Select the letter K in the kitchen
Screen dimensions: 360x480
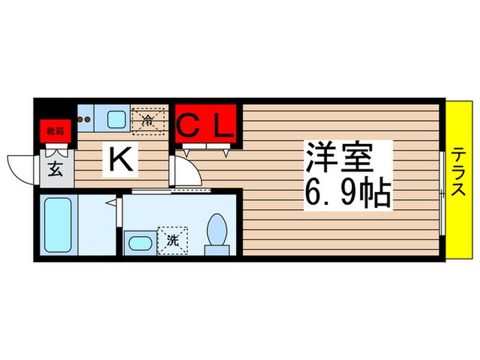(121, 160)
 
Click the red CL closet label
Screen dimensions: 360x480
(206, 125)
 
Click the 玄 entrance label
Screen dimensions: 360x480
(56, 169)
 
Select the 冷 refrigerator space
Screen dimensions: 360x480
(148, 121)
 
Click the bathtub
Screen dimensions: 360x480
(58, 225)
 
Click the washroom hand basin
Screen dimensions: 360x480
(139, 243)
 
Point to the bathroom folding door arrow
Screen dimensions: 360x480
(110, 202)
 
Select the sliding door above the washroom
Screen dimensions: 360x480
(163, 191)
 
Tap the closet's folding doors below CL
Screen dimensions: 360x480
(206, 149)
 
